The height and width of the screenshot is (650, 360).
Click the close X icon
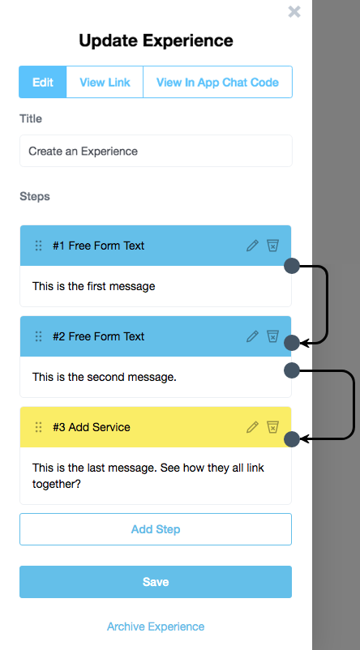coord(294,11)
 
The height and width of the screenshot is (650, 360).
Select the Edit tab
coord(43,82)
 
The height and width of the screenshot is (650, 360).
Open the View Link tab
coord(105,82)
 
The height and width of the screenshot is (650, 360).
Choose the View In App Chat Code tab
coord(217,82)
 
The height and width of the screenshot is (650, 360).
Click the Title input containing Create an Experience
coord(156,151)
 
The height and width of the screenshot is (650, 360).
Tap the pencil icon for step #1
coord(252,246)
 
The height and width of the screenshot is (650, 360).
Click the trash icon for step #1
coord(272,246)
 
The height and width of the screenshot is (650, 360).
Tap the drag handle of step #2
coord(39,336)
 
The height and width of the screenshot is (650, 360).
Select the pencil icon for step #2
coord(252,336)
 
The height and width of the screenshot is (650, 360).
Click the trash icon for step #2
coord(272,336)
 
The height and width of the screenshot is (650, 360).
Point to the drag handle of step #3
coord(39,427)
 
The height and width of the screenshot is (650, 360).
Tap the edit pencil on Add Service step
coord(252,427)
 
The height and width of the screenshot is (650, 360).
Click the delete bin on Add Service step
coord(272,427)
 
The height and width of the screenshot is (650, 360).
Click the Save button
coord(156,582)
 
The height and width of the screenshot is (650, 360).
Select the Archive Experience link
coord(156,626)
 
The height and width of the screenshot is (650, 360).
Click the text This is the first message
coord(94,286)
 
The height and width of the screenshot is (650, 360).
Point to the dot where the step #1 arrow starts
coord(292,266)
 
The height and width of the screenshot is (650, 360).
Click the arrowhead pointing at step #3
coord(304,438)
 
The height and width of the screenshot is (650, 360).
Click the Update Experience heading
coord(156,41)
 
